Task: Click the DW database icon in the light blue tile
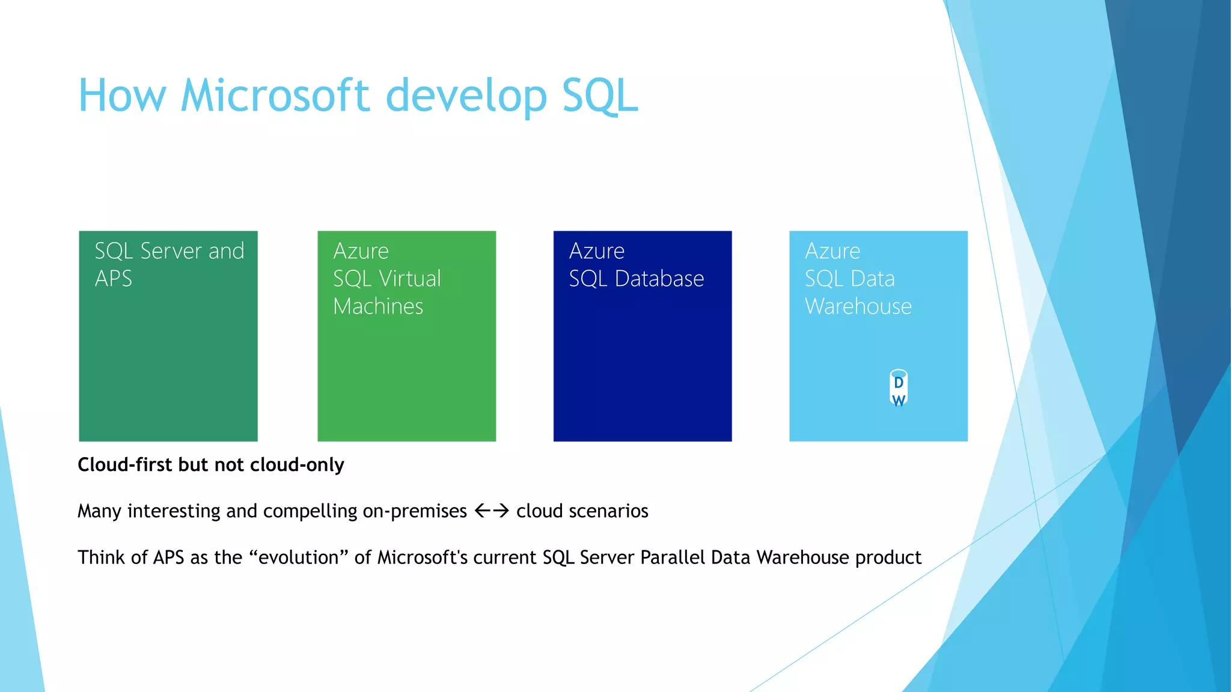(x=898, y=389)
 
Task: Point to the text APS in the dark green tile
(x=114, y=279)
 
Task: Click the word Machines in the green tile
(x=378, y=306)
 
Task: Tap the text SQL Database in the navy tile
(x=636, y=279)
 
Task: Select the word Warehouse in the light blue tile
(x=858, y=306)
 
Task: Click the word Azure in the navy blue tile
(x=597, y=250)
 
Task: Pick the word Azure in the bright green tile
(x=361, y=250)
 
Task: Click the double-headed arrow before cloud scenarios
(x=492, y=511)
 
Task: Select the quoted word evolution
(x=303, y=557)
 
